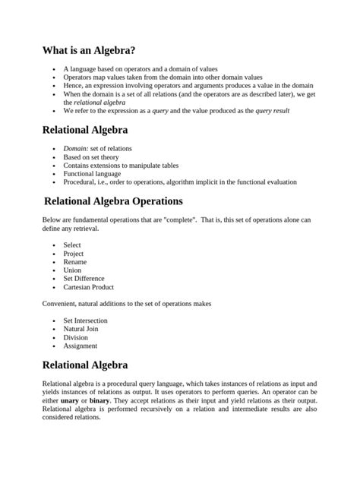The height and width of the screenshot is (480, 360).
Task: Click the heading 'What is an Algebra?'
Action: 90,52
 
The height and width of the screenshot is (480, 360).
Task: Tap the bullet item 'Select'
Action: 72,245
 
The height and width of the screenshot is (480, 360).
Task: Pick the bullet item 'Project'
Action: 74,254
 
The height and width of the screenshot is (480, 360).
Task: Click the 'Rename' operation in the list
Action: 75,262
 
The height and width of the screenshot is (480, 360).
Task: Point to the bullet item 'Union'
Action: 73,270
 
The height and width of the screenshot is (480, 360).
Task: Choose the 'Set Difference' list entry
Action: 84,279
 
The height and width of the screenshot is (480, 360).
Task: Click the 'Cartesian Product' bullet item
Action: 88,287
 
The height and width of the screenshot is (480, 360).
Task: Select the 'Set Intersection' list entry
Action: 85,321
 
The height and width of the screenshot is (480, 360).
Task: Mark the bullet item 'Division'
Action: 76,337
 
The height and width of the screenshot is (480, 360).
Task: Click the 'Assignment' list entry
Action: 80,346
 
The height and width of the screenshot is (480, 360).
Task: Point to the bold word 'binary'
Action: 99,400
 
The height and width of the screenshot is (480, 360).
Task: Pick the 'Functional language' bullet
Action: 92,174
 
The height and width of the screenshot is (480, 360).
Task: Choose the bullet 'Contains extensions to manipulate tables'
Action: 121,166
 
